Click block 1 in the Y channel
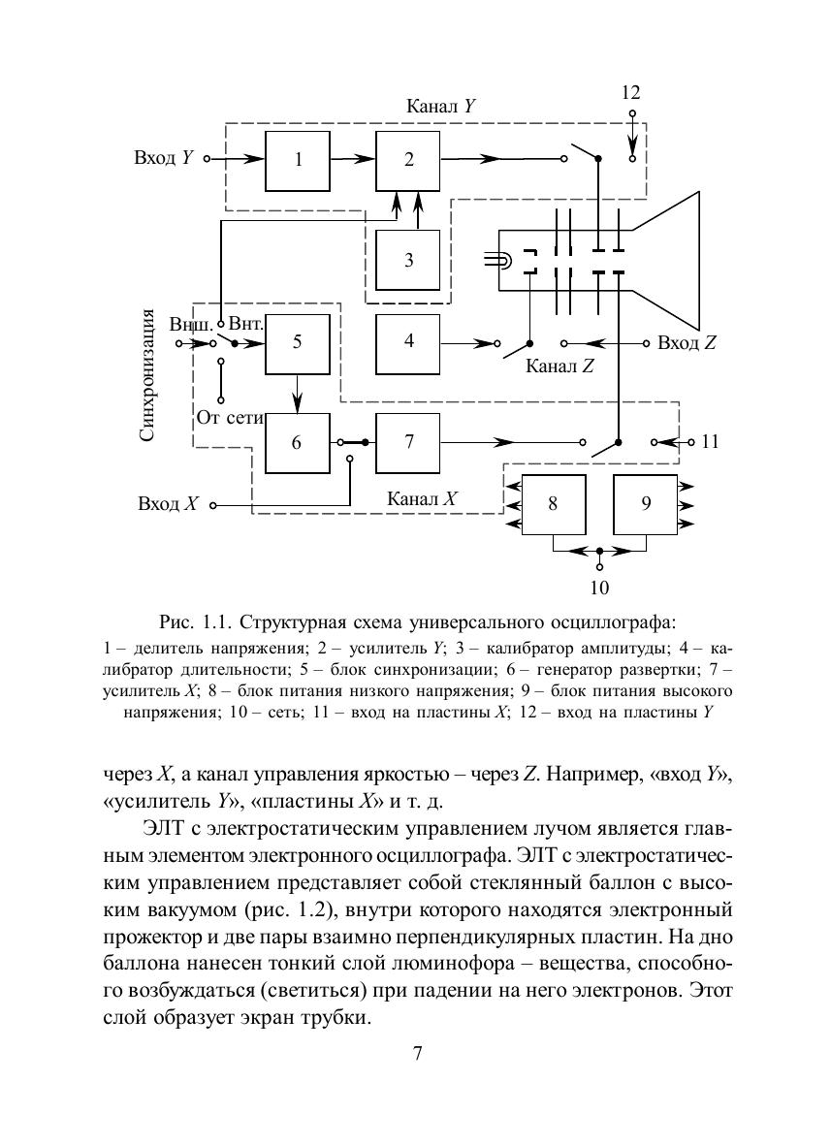pos(298,160)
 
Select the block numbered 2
pos(408,160)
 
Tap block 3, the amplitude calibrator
pos(408,260)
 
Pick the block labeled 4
pos(408,341)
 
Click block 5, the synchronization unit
pos(298,342)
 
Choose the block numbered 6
pos(298,441)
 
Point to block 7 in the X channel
pos(408,441)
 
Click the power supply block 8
pos(553,504)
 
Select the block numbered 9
pos(646,504)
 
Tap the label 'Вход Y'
pos(164,158)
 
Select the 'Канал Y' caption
pos(439,106)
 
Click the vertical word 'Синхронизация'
pos(147,375)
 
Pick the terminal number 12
pos(631,93)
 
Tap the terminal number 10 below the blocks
pos(599,587)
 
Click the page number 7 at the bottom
pos(416,1055)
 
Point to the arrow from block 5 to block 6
pos(298,392)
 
